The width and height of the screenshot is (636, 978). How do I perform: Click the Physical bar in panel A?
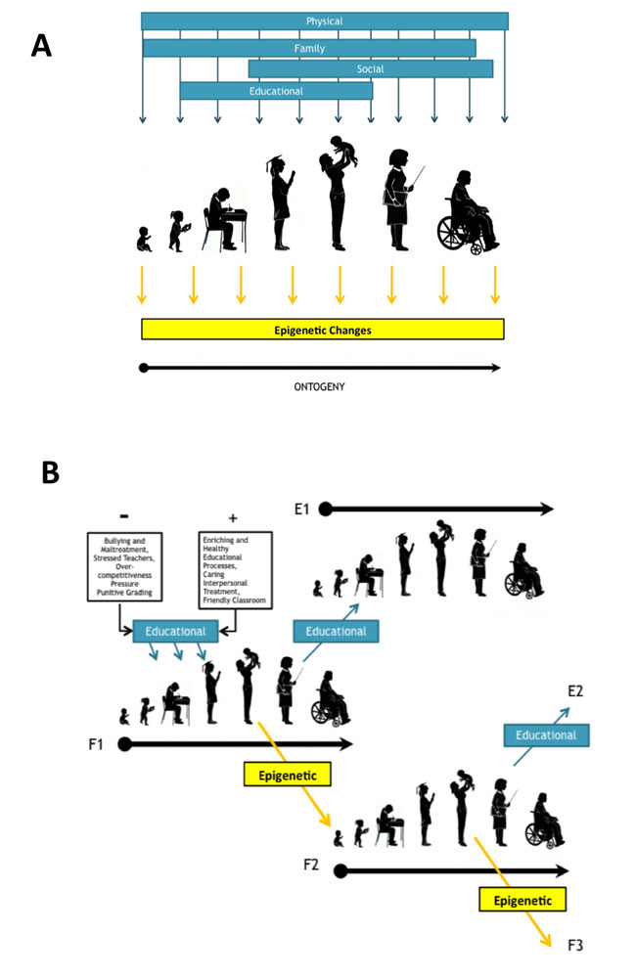click(x=324, y=21)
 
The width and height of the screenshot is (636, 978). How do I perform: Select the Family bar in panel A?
click(x=309, y=48)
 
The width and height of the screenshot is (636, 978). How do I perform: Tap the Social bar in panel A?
click(x=370, y=68)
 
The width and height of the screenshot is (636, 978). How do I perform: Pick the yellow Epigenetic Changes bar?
click(x=323, y=330)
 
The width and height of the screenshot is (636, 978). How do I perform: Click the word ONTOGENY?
click(x=321, y=386)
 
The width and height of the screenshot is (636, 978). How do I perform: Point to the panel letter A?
click(x=41, y=45)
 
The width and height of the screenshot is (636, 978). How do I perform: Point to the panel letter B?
click(x=50, y=472)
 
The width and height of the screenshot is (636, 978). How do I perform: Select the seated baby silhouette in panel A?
click(x=145, y=240)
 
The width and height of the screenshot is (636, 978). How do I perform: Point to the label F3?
click(x=576, y=945)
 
